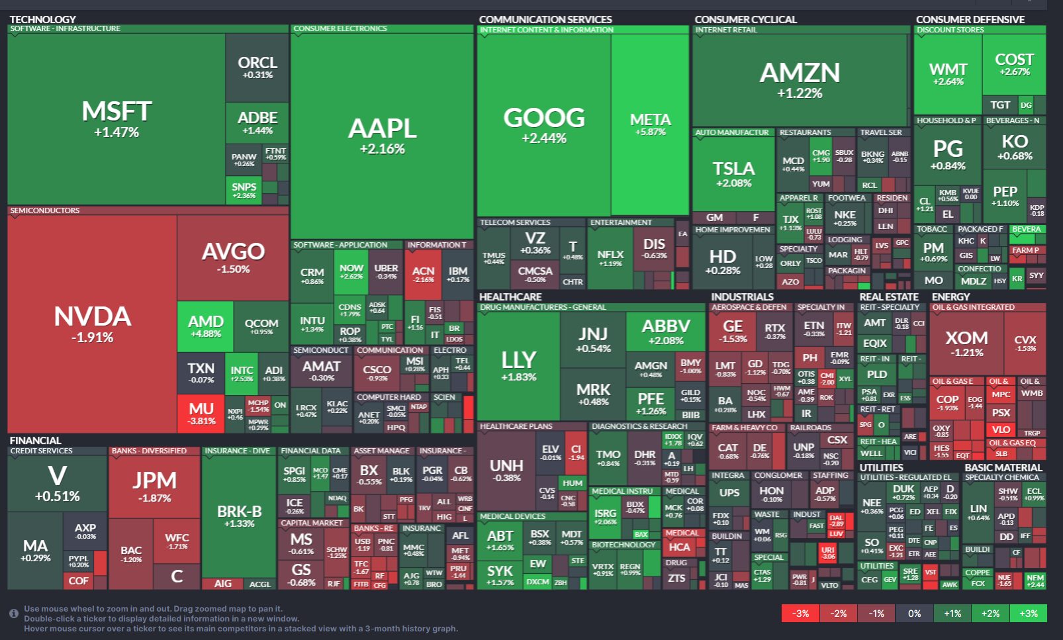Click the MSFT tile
pos(116,119)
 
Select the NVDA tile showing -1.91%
pos(93,324)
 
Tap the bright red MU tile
pos(201,413)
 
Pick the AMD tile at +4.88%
pos(205,326)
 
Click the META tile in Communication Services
pos(650,124)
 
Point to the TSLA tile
pos(733,173)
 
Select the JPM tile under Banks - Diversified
pos(154,486)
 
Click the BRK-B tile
pos(239,516)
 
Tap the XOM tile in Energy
pos(966,343)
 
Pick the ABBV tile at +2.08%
pos(666,331)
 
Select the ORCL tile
pos(257,67)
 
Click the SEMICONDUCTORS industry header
pos(45,210)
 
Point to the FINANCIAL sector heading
pos(35,440)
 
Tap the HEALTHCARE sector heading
pos(510,297)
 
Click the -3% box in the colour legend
pos(800,614)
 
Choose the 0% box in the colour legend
pos(914,614)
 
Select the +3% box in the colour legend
pos(1028,614)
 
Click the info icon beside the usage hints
pos(13,614)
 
